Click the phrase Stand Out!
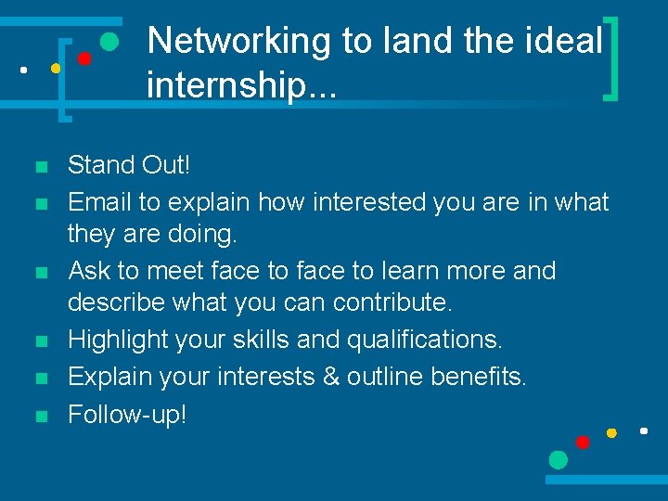coord(129,166)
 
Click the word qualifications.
coord(425,340)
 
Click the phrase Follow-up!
coord(127,414)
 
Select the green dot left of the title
coord(109,41)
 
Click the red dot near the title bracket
coord(83,58)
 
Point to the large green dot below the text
coord(558,459)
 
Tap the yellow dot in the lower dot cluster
coord(611,433)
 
